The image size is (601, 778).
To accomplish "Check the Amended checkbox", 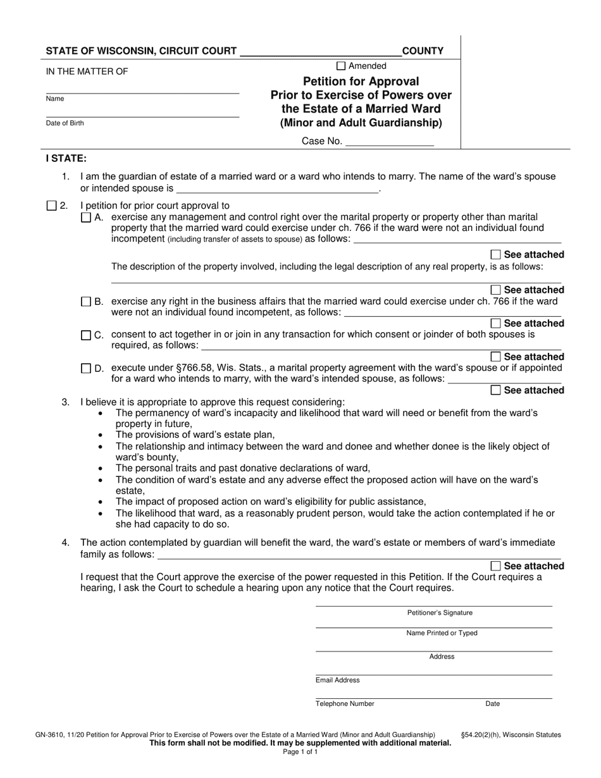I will [x=341, y=66].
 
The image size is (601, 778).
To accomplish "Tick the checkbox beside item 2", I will [x=52, y=206].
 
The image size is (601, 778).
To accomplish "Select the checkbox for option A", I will [x=86, y=217].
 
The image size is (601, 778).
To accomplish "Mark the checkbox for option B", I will [x=86, y=302].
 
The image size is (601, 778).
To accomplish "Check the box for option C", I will [x=86, y=335].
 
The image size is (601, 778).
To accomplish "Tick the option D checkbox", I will [x=86, y=368].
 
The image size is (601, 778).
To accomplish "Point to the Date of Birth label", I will [x=65, y=123].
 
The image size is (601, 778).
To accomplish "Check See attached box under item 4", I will [x=496, y=565].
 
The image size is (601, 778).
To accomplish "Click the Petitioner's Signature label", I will [x=440, y=613].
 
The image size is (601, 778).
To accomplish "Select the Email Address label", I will [x=338, y=680].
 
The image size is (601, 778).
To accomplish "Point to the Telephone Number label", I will [x=345, y=703].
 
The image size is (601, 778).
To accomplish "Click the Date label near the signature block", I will [x=492, y=703].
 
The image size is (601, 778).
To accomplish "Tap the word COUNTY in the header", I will [x=423, y=51].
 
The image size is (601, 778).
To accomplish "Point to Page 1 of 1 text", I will [x=300, y=752].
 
